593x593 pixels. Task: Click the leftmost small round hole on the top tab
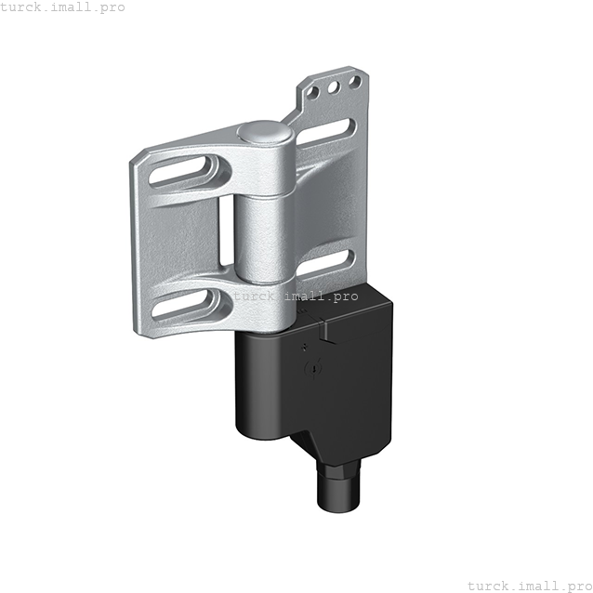[313, 96]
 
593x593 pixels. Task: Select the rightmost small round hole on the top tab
[353, 83]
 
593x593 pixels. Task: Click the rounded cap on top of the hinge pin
[264, 132]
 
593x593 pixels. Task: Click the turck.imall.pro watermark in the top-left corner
[61, 7]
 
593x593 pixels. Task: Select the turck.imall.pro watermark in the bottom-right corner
[529, 585]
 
